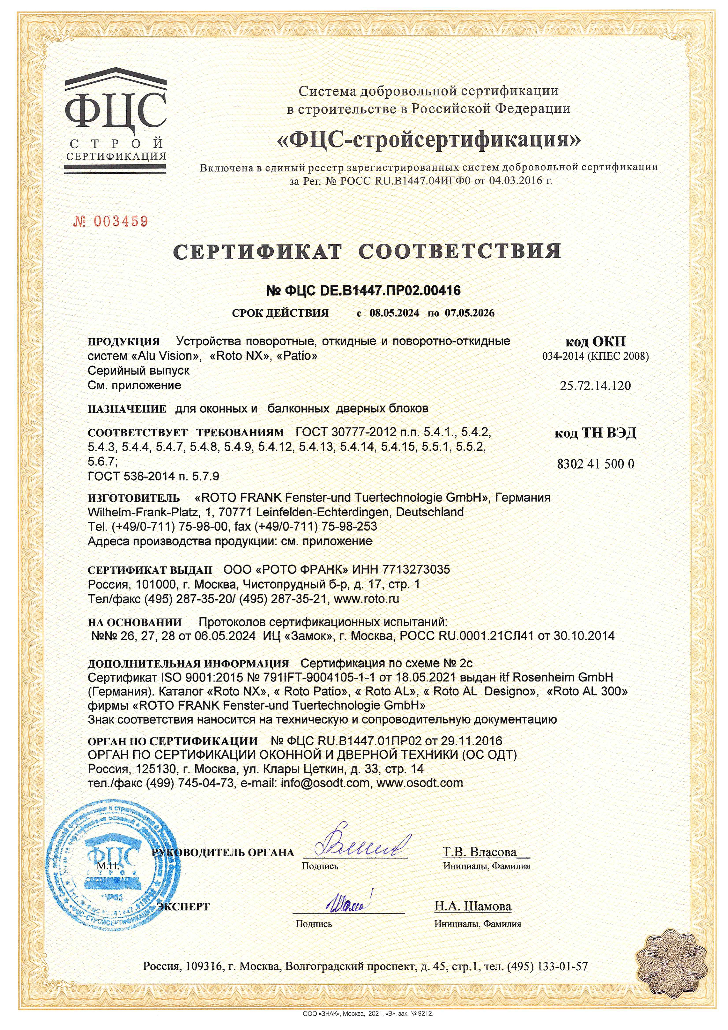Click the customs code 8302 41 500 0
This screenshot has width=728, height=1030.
[x=595, y=464]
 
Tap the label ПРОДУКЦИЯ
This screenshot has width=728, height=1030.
[x=124, y=342]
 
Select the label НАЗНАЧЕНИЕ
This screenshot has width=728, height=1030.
[x=127, y=409]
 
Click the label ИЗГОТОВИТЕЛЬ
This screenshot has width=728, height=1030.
[x=134, y=498]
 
